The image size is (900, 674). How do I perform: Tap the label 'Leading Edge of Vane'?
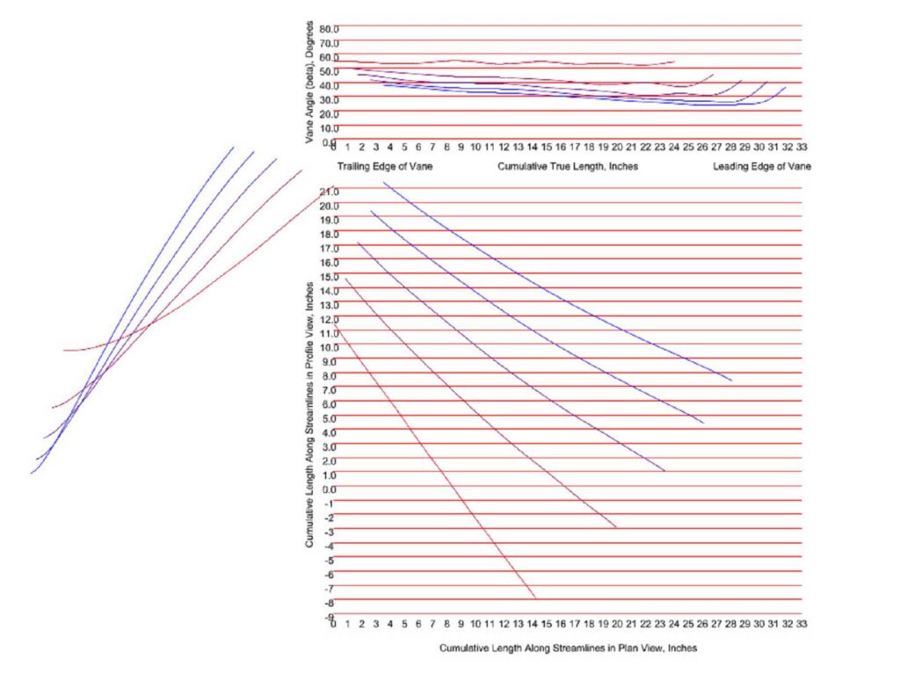coord(761,166)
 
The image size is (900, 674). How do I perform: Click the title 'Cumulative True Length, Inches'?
coord(568,166)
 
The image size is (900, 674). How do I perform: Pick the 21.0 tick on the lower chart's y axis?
coord(329,191)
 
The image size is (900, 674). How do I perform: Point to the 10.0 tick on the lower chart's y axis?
coord(329,347)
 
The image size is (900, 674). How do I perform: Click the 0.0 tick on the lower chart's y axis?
coord(329,489)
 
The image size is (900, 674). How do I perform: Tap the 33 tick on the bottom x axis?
coord(802,623)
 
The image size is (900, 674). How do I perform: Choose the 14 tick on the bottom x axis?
coord(533,623)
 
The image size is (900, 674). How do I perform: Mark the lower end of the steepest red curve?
coord(535,598)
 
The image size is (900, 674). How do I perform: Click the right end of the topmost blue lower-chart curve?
coord(731,380)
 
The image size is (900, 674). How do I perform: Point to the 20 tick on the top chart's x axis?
coord(618,147)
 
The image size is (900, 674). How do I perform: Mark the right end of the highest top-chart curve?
coord(675,61)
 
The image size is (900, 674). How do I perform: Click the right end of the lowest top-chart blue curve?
coord(785,87)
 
